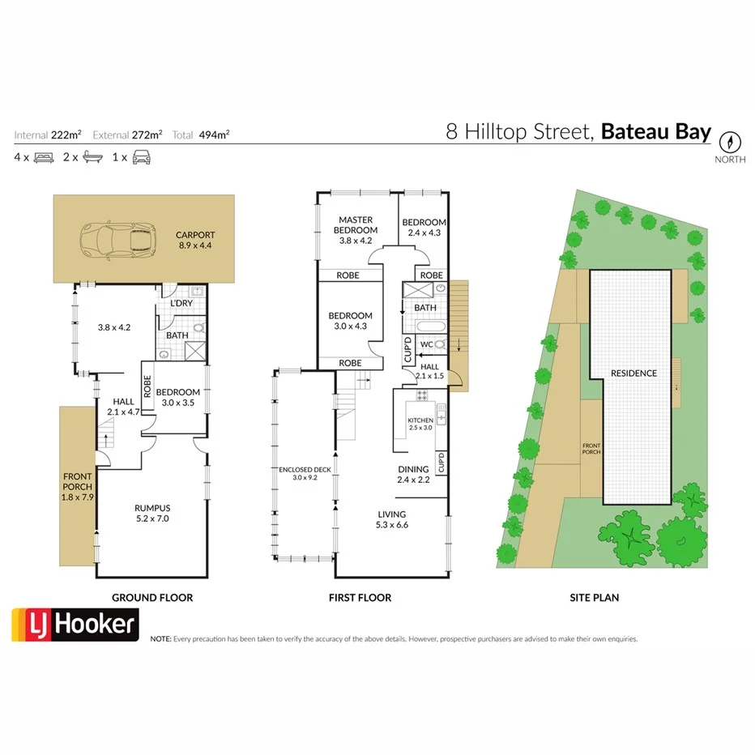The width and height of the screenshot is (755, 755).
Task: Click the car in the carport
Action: [117, 238]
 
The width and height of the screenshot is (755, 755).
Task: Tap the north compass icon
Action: [731, 141]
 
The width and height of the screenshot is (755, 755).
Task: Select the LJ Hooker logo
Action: [75, 625]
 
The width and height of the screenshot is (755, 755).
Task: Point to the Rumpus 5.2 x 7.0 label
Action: [151, 513]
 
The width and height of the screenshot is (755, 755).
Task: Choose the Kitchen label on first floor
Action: [420, 423]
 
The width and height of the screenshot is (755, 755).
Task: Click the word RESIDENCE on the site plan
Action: [633, 373]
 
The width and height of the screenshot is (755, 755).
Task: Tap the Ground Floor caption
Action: [152, 598]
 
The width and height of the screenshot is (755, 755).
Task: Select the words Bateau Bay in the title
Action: [656, 131]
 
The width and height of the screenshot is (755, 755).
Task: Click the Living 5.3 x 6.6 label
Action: [392, 519]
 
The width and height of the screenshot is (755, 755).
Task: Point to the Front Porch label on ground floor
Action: [78, 486]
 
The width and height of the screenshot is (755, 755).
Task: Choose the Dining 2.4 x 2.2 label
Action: [413, 475]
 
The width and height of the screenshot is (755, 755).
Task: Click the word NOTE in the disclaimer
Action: [160, 638]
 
